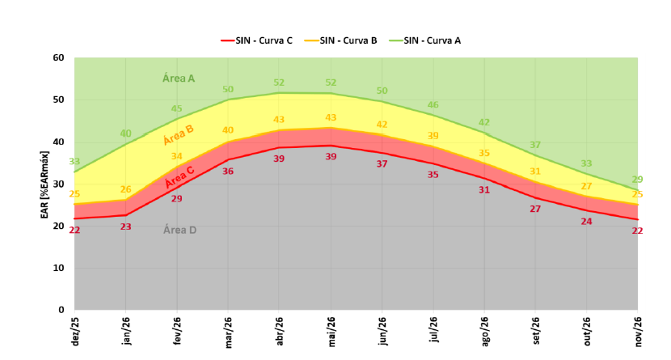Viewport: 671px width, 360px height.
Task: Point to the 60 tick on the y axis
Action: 58,58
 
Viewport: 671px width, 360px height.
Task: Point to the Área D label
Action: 179,230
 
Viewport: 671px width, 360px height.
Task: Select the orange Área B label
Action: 179,134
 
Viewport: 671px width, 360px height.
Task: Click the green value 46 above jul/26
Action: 433,105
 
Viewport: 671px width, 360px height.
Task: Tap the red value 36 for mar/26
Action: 228,172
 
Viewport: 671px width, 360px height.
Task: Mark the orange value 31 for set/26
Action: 535,172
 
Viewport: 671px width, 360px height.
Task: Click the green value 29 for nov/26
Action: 637,180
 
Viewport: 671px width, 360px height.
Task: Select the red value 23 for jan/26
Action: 125,227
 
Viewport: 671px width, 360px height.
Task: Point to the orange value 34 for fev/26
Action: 176,156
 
